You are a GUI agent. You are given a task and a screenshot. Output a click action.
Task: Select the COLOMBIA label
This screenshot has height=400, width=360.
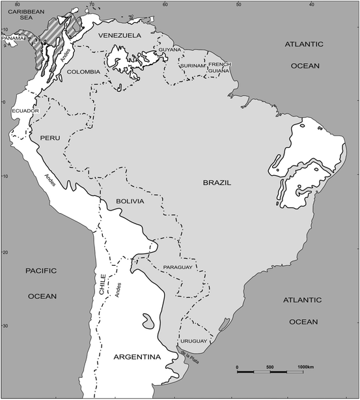(x=84, y=72)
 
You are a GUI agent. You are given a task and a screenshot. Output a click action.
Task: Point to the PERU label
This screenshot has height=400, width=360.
(x=50, y=139)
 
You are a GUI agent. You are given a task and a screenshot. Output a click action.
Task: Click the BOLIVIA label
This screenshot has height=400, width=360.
(x=130, y=202)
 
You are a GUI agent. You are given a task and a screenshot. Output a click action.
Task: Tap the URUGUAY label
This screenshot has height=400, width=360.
(x=193, y=341)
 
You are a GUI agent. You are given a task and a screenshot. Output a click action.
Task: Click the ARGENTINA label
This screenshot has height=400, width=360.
(x=137, y=357)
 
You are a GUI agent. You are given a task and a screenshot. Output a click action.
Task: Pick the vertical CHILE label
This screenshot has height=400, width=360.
(x=102, y=285)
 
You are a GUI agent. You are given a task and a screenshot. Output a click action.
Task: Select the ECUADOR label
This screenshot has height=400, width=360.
(x=26, y=111)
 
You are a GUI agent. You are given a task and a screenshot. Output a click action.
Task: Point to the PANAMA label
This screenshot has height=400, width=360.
(x=14, y=38)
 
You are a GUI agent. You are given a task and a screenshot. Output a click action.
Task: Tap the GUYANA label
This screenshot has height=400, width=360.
(x=170, y=50)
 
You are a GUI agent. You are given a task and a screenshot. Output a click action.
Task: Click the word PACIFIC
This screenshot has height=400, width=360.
(x=42, y=270)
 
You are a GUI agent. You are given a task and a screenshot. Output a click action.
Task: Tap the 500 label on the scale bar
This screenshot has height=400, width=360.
(x=270, y=368)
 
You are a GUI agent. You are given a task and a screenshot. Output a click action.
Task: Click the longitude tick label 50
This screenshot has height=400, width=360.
(x=239, y=4)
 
